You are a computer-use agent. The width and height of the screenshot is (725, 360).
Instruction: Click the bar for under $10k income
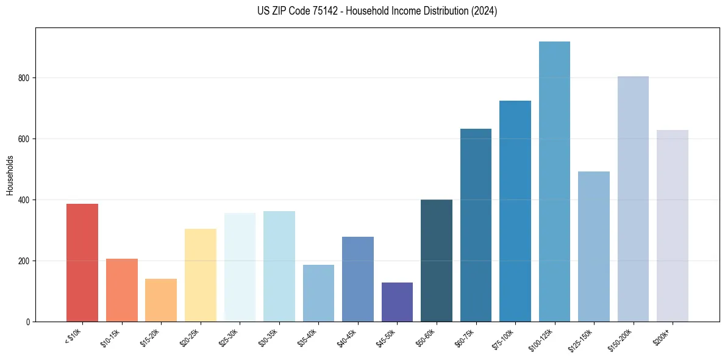pos(82,262)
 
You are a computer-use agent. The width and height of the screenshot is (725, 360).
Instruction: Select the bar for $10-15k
pos(121,290)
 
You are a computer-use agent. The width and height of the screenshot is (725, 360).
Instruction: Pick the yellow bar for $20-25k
pos(200,275)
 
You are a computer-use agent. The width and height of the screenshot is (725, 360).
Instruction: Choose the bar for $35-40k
pos(318,293)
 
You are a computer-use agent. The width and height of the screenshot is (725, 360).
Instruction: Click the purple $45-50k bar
pos(397,302)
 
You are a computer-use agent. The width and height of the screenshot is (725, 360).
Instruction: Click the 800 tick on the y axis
pos(24,78)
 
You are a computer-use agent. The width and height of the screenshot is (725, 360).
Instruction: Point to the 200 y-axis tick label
pos(24,261)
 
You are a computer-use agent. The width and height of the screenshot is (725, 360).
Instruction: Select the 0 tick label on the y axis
pos(28,322)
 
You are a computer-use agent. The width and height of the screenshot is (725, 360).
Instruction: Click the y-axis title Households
pos(10,175)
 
